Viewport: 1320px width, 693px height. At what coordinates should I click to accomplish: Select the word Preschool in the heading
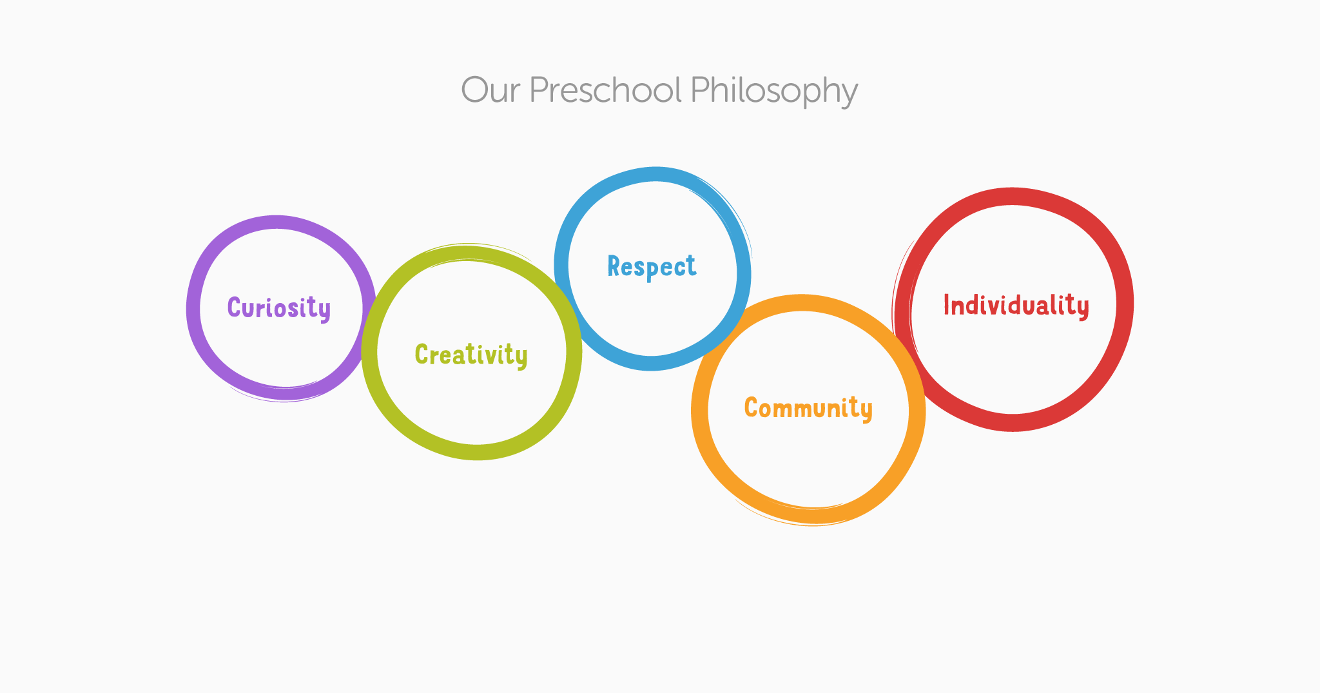pyautogui.click(x=605, y=90)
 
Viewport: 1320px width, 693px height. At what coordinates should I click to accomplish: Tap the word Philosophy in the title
pyautogui.click(x=774, y=91)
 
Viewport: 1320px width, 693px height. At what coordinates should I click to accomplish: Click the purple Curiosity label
pyautogui.click(x=279, y=308)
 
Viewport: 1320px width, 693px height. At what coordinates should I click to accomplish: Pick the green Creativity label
pyautogui.click(x=471, y=355)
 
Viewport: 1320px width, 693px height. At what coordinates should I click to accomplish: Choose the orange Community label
pyautogui.click(x=808, y=408)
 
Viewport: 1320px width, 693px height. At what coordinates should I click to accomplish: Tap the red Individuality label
pyautogui.click(x=1016, y=306)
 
